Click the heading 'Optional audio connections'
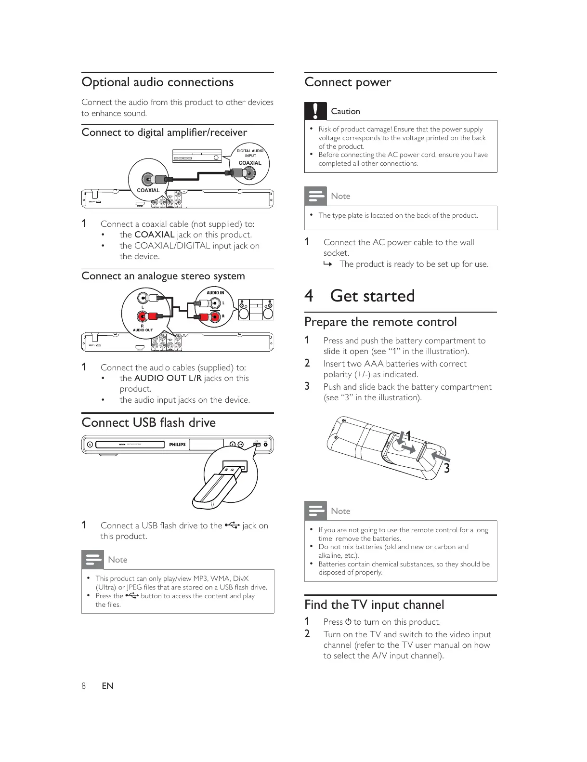point(157,82)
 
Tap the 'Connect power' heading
point(347,82)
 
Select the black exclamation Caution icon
point(315,111)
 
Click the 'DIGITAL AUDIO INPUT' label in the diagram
point(250,153)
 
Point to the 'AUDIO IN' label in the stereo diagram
point(215,293)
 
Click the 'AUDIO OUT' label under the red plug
point(143,330)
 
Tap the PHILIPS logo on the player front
point(177,445)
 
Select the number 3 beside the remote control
point(446,468)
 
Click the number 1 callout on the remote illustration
point(408,436)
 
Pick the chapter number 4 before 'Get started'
point(309,296)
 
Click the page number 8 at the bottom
point(84,686)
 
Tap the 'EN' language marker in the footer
point(107,686)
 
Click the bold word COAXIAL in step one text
point(154,235)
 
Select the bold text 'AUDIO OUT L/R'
point(168,378)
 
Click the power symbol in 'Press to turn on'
point(348,622)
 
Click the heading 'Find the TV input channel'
point(374,605)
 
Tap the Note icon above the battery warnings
point(315,511)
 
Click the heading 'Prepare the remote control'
point(380,322)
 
